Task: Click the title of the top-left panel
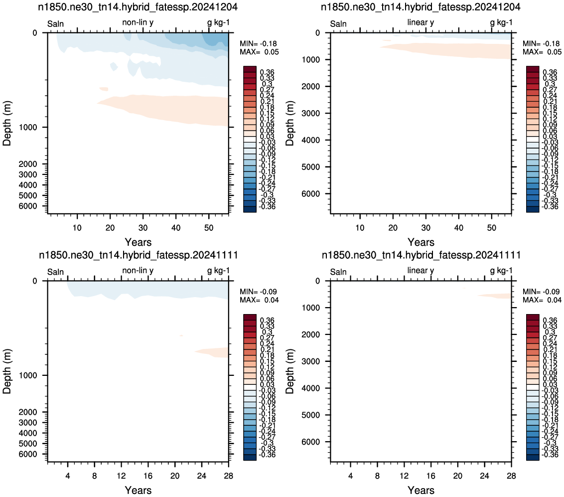tap(138, 7)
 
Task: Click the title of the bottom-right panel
tap(421, 255)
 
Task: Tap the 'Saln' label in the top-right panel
tap(338, 24)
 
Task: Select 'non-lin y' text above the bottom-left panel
tap(138, 270)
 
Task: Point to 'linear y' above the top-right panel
tap(421, 22)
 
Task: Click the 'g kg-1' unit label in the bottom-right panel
tap(501, 271)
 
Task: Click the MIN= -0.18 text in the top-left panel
tap(258, 43)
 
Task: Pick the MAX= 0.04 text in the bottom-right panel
tap(542, 300)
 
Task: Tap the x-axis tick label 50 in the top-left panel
tap(209, 228)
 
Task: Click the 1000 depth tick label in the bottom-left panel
tap(27, 375)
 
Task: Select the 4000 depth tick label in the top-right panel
tap(310, 140)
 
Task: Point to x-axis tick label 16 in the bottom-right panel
tap(430, 476)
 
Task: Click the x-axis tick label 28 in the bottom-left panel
tap(228, 476)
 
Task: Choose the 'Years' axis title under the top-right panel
tap(421, 242)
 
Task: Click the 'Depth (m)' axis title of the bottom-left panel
tap(7, 371)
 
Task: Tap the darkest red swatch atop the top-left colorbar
tap(250, 69)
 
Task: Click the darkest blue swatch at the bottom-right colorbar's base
tap(533, 458)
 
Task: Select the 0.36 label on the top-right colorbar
tap(550, 72)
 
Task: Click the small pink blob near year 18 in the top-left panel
tap(104, 89)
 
